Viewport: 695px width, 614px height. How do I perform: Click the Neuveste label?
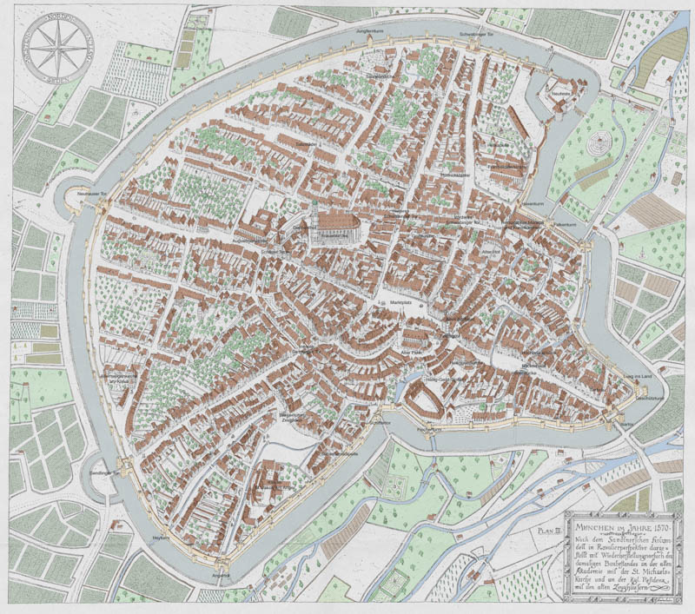(x=559, y=90)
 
